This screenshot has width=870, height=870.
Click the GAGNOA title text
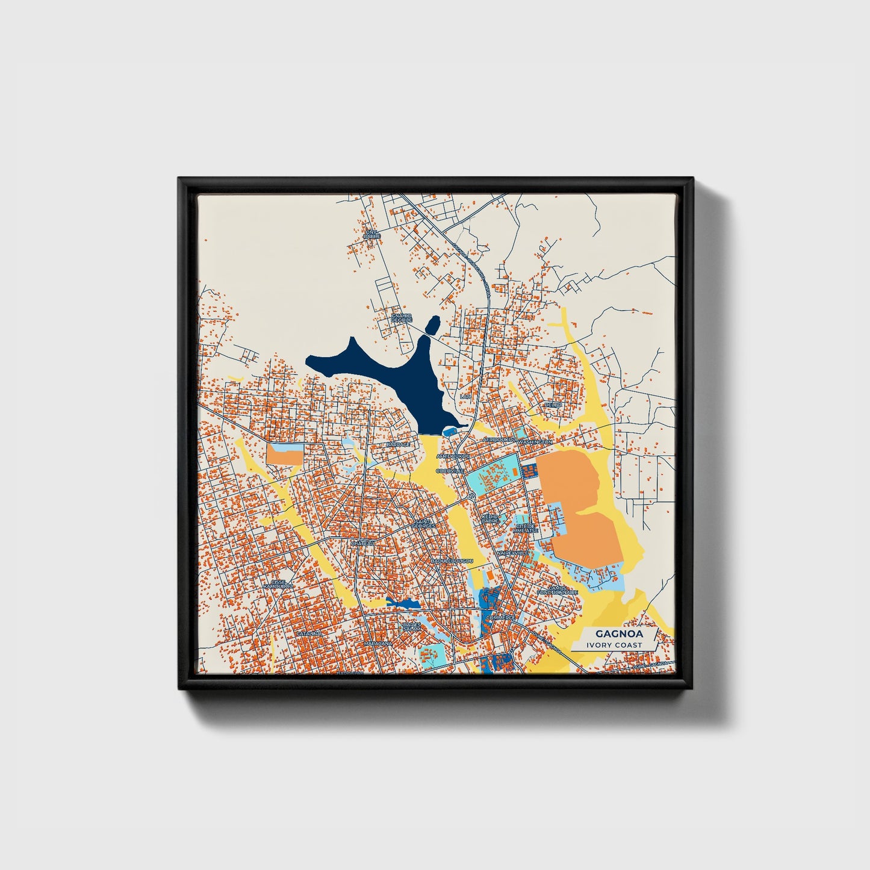(611, 633)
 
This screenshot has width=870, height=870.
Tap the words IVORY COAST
(611, 645)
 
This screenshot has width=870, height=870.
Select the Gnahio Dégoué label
(401, 318)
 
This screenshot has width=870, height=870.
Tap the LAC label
(464, 397)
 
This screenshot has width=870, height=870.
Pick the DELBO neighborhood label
(553, 405)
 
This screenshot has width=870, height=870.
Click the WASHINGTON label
(535, 442)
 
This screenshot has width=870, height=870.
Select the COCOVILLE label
(450, 470)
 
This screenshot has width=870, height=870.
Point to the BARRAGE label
(398, 444)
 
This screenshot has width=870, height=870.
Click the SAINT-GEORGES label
(423, 524)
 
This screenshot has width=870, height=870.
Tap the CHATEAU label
(363, 543)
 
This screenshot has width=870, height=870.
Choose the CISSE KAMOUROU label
(281, 584)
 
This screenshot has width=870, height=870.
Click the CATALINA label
(309, 634)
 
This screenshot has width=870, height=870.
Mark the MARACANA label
(378, 644)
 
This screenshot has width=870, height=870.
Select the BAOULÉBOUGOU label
(452, 561)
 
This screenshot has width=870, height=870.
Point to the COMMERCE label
(500, 618)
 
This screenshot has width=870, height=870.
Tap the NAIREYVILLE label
(512, 552)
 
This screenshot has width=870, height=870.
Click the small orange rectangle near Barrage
(284, 455)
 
